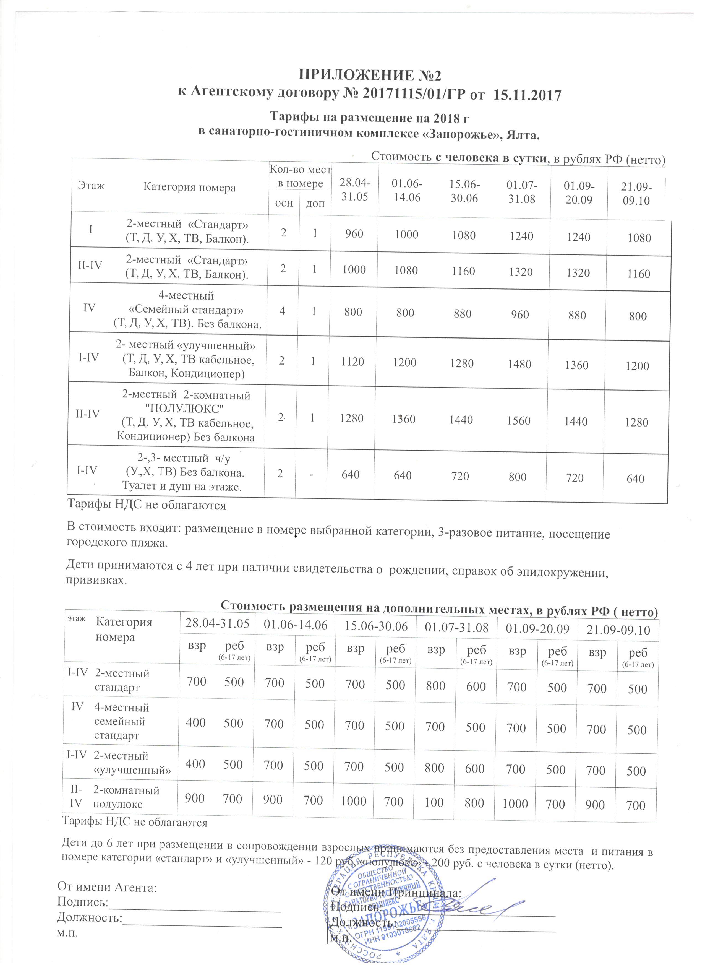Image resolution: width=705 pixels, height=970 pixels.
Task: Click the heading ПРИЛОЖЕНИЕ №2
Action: (x=369, y=75)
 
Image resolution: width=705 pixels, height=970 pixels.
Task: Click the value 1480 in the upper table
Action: (x=520, y=364)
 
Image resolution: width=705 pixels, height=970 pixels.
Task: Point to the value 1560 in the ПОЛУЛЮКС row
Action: (x=519, y=420)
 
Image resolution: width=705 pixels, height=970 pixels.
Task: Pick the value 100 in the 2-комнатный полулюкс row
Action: (x=434, y=803)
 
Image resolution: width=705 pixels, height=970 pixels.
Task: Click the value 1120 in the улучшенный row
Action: (x=353, y=362)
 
